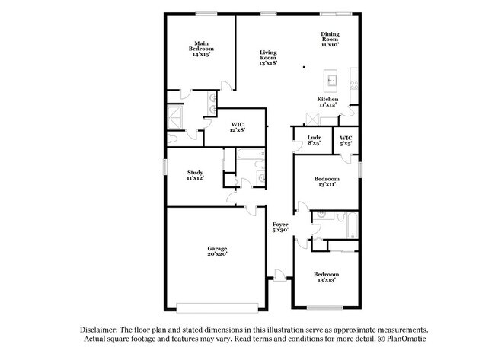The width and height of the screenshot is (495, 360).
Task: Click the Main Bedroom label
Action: point(201,49)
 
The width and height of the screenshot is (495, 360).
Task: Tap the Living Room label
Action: point(267,58)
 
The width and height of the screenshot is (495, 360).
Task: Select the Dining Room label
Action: point(329,38)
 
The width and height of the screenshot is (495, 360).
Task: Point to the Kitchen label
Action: point(327,102)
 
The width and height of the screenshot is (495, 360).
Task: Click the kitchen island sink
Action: point(333,78)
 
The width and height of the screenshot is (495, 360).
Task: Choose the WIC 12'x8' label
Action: point(236,127)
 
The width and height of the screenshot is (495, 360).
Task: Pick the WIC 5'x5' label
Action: point(346,141)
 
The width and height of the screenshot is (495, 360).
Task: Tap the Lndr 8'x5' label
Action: point(314,141)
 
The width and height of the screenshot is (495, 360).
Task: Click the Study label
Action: point(195,175)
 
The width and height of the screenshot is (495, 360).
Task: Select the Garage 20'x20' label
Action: point(218,252)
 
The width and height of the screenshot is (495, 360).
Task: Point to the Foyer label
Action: point(280,227)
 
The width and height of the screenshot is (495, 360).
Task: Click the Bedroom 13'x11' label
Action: point(325,181)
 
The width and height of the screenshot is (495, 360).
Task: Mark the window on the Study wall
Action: point(164,166)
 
